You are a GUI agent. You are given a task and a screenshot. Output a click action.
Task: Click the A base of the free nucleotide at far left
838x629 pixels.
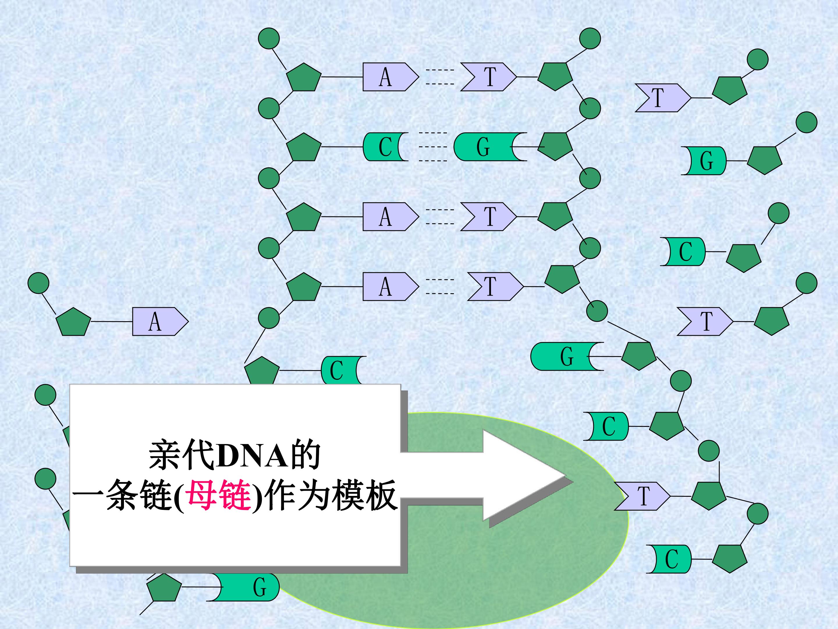pos(160,321)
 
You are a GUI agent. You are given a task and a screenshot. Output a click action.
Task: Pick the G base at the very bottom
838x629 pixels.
pos(246,587)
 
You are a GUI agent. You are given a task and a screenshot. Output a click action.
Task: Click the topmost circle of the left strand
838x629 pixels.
pos(269,38)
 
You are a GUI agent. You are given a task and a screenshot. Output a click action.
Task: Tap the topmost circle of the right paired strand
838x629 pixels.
pos(590,38)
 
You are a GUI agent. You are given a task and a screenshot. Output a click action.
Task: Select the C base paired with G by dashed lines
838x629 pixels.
pos(385,147)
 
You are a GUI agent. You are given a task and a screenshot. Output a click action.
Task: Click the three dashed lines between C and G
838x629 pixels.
pos(433,147)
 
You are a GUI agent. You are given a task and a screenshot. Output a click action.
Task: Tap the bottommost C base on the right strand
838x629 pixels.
pos(669,559)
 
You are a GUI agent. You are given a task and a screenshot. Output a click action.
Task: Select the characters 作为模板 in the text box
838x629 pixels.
pos(330,496)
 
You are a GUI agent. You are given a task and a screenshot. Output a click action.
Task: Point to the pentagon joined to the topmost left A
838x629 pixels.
pos(303,77)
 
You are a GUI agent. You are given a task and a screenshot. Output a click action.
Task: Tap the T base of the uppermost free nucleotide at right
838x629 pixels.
pos(663,98)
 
